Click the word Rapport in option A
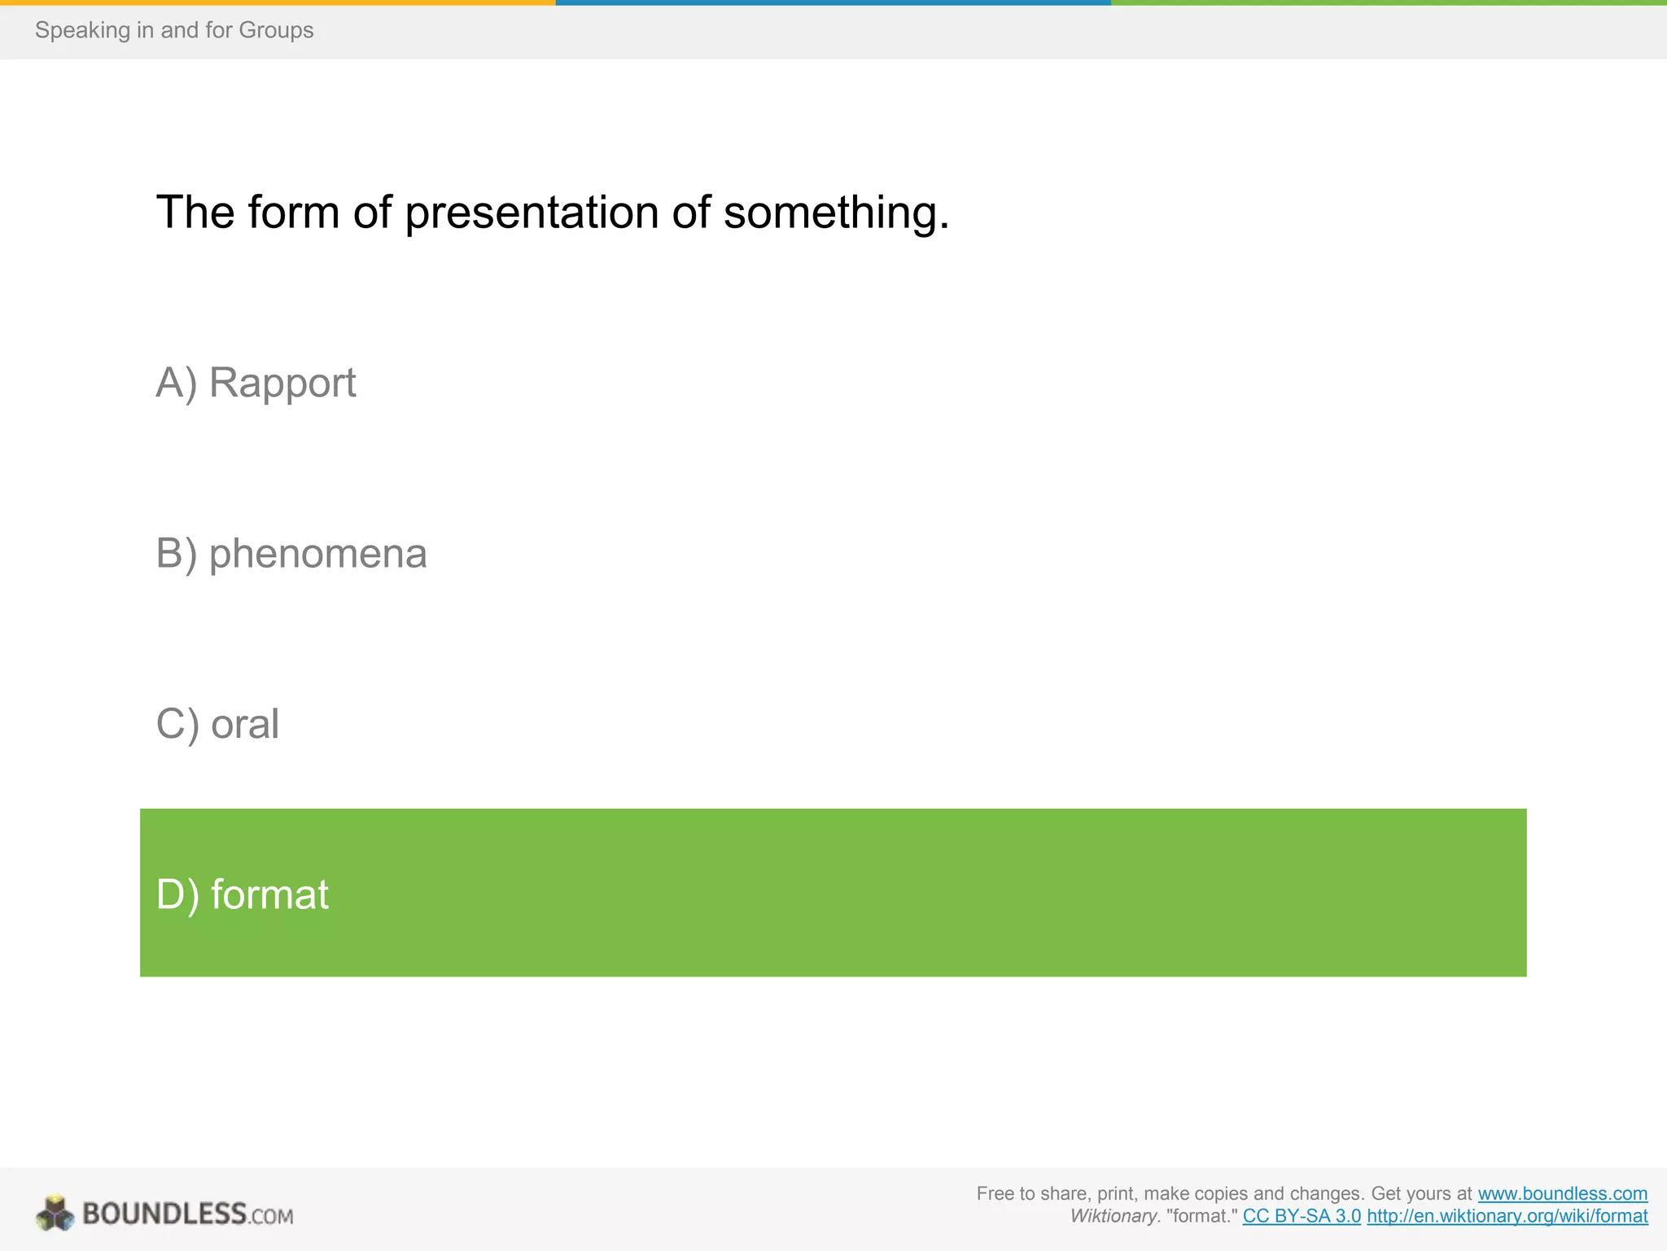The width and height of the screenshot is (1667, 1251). [282, 383]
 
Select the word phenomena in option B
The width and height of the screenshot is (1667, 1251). [317, 554]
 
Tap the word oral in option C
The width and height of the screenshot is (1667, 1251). [244, 724]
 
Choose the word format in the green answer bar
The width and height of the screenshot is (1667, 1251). [269, 894]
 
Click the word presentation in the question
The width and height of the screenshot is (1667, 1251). [532, 213]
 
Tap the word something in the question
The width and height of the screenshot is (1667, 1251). [836, 213]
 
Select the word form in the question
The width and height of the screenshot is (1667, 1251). [293, 212]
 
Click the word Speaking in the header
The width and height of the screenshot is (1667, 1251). [82, 30]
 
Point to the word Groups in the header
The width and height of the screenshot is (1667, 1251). [276, 30]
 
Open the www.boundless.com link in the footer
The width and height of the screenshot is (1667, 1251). [1562, 1194]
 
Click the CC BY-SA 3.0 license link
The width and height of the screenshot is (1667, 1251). [1301, 1217]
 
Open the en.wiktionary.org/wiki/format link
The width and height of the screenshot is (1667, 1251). [1507, 1217]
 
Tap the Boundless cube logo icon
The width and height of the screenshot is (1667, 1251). [55, 1214]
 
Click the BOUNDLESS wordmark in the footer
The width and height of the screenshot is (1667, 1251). [164, 1214]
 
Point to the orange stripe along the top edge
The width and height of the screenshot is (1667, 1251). [277, 2]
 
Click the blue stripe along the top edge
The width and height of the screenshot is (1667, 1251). [833, 2]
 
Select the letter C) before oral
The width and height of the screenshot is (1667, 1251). [177, 724]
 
